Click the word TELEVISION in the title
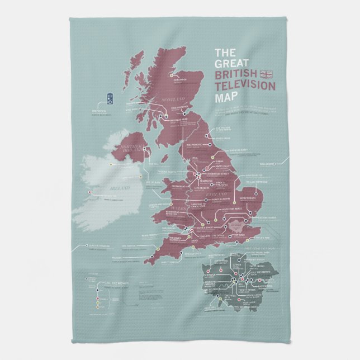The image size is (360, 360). point(244,86)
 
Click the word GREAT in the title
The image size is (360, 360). point(229,64)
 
